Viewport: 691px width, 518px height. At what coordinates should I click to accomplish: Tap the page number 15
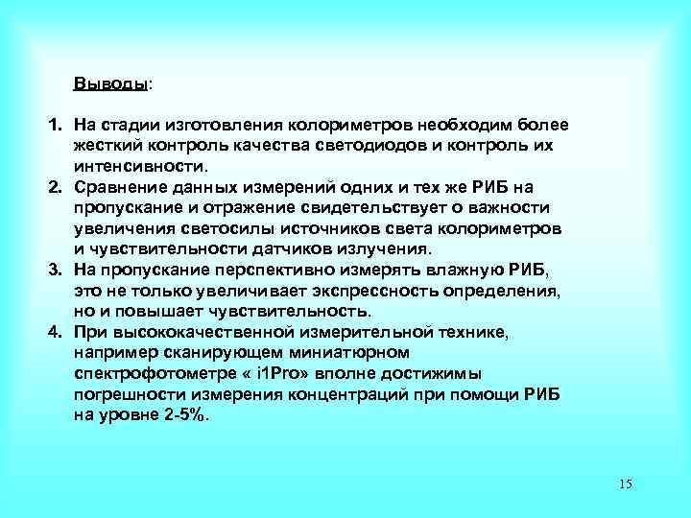click(x=626, y=483)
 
